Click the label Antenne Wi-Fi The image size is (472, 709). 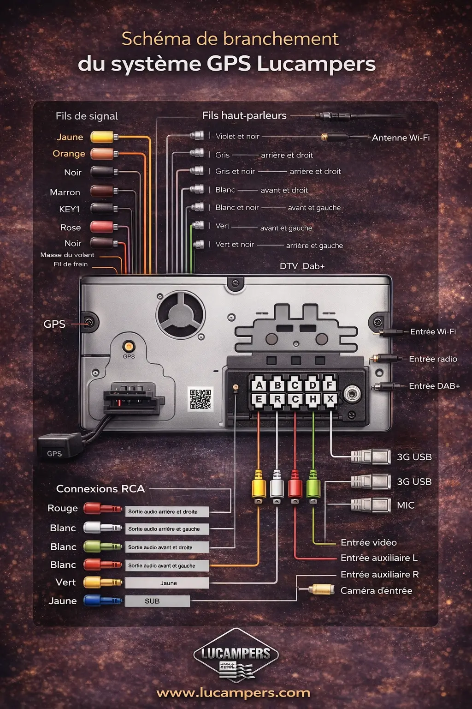click(401, 138)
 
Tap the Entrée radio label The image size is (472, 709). click(433, 359)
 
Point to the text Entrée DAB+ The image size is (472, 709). click(434, 386)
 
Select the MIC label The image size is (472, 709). click(406, 505)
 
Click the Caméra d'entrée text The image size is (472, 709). click(376, 590)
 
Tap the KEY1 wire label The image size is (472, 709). click(69, 209)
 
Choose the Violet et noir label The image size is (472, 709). click(237, 136)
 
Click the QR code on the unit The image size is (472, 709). click(201, 399)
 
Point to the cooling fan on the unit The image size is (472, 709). click(180, 314)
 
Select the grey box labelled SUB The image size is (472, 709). click(158, 601)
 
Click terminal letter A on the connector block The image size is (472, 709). click(259, 385)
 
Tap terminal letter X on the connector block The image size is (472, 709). click(330, 399)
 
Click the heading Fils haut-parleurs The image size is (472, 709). click(244, 115)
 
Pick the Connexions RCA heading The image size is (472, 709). click(100, 488)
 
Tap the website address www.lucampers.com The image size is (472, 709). click(233, 693)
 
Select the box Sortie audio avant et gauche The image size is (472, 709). click(167, 565)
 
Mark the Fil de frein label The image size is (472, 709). click(71, 264)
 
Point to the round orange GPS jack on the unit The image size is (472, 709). click(129, 346)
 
